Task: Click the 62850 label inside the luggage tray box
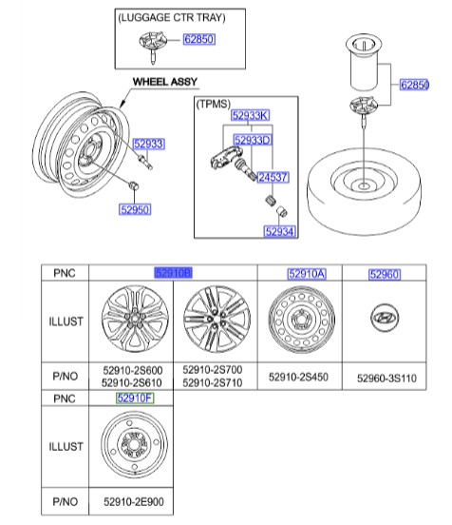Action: click(199, 41)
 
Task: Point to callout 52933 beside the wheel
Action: click(148, 145)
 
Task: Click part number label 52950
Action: click(135, 209)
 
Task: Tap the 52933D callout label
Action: click(252, 140)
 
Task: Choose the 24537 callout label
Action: click(272, 177)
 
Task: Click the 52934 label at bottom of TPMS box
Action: click(279, 230)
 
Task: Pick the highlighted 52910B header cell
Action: click(174, 273)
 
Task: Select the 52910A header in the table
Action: click(306, 274)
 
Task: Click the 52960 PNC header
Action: click(385, 274)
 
